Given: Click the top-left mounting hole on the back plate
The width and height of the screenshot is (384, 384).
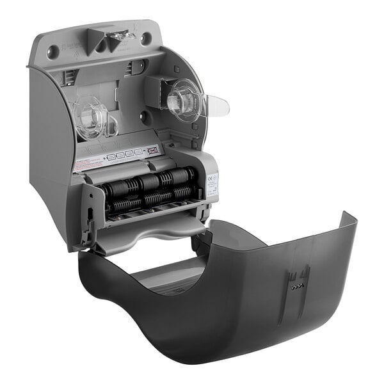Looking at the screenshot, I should point(53,51).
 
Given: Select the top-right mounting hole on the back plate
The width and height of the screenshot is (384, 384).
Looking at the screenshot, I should point(147,38).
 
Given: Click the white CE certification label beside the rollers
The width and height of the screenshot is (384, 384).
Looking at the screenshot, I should point(212,183).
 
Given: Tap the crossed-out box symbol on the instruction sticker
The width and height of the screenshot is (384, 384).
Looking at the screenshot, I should point(152,152).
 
